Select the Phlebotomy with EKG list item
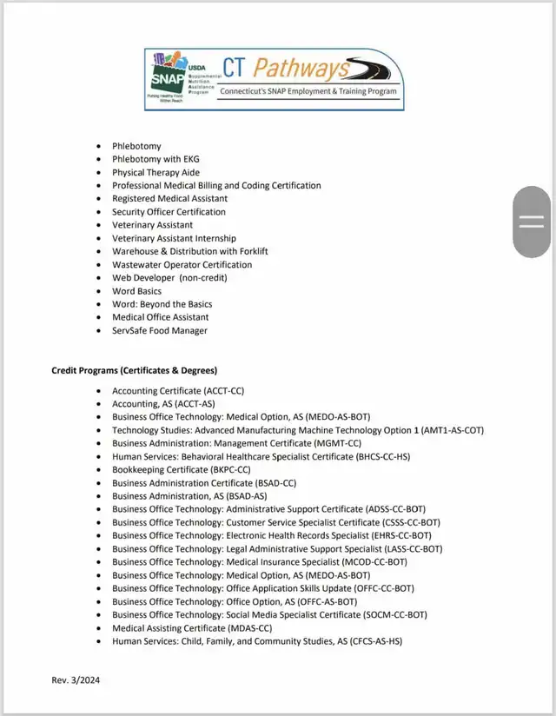point(155,159)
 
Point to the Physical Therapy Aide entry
point(156,172)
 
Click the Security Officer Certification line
point(169,211)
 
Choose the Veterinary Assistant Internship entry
point(174,238)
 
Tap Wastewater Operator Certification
point(182,264)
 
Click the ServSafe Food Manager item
point(159,330)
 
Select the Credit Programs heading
point(134,371)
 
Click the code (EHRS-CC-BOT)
point(402,535)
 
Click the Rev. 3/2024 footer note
point(76,680)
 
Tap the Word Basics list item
point(136,291)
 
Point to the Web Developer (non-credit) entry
point(169,277)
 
